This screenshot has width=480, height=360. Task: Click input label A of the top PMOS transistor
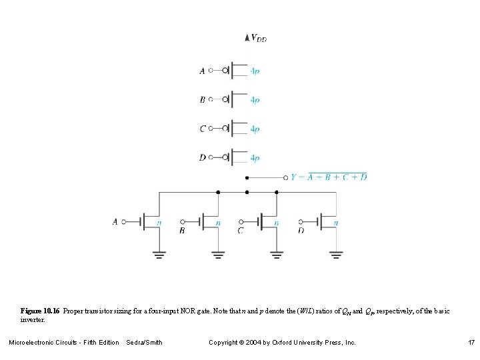click(202, 70)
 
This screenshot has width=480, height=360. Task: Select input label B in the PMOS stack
click(202, 100)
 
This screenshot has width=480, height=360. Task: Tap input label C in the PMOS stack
click(202, 129)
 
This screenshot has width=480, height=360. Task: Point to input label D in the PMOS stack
click(202, 158)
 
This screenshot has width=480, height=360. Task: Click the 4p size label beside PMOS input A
click(255, 71)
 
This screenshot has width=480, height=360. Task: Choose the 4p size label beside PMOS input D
click(255, 159)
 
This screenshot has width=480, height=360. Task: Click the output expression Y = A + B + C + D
click(329, 177)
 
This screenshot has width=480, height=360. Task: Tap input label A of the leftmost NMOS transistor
click(115, 221)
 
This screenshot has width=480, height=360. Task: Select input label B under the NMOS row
click(182, 231)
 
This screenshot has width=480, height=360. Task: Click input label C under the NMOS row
click(240, 231)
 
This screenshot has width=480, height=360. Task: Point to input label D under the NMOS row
click(301, 231)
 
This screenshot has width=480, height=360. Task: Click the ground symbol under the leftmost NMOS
click(159, 254)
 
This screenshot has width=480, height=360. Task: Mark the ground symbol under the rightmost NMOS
click(336, 254)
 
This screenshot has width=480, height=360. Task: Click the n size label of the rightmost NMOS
click(335, 223)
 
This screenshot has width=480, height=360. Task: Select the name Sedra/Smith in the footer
click(144, 343)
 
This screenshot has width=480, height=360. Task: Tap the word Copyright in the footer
click(224, 343)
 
